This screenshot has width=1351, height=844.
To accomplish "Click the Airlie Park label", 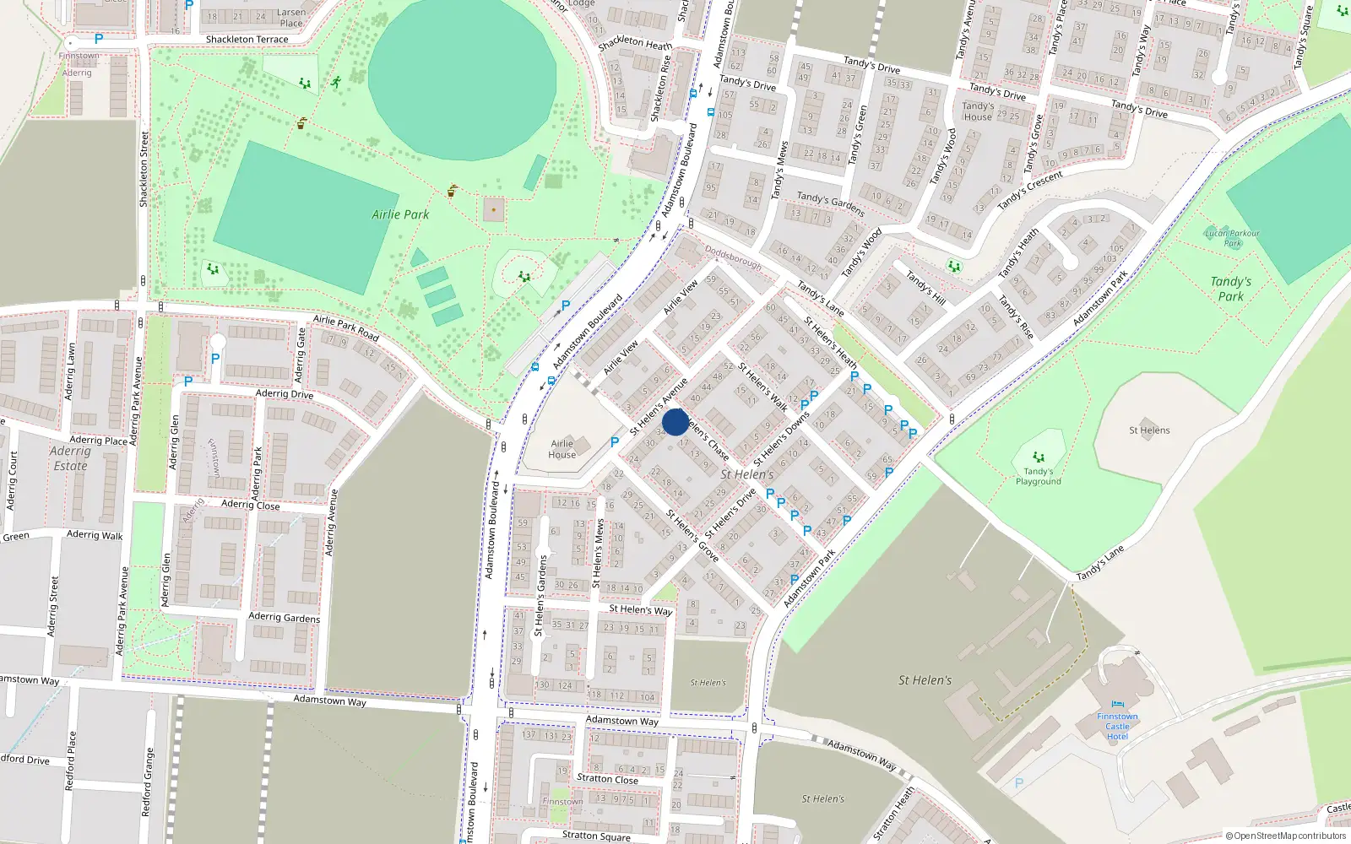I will coord(400,214).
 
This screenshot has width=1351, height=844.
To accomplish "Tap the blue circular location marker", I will coord(675,422).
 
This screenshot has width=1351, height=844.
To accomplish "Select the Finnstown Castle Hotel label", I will coord(1117,727).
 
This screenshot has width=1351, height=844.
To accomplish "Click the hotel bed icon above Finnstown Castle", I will coord(1118,704).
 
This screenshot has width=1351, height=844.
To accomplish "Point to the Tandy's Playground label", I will coord(1038,477).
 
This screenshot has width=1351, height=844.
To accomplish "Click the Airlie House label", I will coord(562,449).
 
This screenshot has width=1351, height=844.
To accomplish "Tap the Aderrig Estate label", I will coord(70,458).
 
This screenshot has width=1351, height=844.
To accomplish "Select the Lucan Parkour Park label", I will coord(1233,238).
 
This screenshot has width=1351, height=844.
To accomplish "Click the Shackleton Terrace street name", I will coord(247,40).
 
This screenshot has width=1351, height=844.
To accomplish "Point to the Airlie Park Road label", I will coord(346,328).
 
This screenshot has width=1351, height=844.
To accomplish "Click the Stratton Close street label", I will coord(607,779).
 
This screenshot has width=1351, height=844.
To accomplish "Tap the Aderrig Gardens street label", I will coord(285,617).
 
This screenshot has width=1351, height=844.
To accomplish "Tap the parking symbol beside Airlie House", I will coord(615,441).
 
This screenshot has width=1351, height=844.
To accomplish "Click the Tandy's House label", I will coord(978,111).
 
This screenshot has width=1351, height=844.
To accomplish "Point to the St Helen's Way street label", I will coord(641,609).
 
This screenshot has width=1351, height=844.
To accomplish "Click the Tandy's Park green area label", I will coord(1230,289).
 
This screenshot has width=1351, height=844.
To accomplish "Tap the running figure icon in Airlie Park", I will coord(336,83).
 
